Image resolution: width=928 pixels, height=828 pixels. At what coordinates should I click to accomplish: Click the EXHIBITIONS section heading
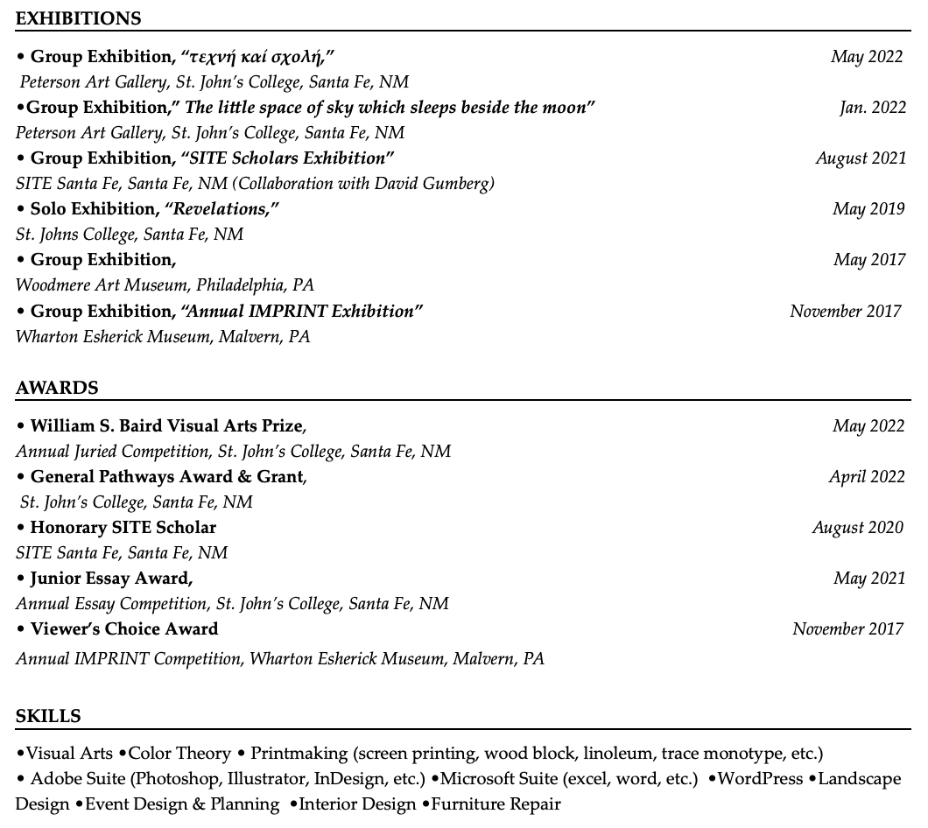pos(78,18)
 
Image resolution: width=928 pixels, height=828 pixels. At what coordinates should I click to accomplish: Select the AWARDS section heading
pos(57,388)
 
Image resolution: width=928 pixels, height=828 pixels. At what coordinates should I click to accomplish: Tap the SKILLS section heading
pos(48,716)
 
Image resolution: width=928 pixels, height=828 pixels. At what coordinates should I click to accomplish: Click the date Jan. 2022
pos(872,108)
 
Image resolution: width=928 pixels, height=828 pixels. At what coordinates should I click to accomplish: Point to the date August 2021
pos(861,158)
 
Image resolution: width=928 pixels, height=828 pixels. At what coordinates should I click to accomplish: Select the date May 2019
pos(868,209)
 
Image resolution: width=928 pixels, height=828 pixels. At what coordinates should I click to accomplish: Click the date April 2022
pos(867,477)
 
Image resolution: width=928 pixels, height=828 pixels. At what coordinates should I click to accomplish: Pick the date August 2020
pos(858,528)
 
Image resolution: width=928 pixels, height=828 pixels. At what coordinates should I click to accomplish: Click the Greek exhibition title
pos(257,57)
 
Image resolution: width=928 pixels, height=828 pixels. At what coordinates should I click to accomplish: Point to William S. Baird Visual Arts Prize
pos(166,426)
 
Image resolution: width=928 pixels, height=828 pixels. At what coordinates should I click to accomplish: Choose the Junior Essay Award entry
pos(110,579)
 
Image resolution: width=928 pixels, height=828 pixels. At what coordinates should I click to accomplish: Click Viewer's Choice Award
pos(123,629)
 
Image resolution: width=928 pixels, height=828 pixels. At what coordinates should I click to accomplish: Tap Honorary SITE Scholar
pos(123,528)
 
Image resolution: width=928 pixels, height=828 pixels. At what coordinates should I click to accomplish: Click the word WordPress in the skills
pos(760,778)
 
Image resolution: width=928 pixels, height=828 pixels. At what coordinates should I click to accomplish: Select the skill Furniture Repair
pos(496,803)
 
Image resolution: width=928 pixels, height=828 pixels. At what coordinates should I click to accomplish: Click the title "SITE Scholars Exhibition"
pos(287,158)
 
